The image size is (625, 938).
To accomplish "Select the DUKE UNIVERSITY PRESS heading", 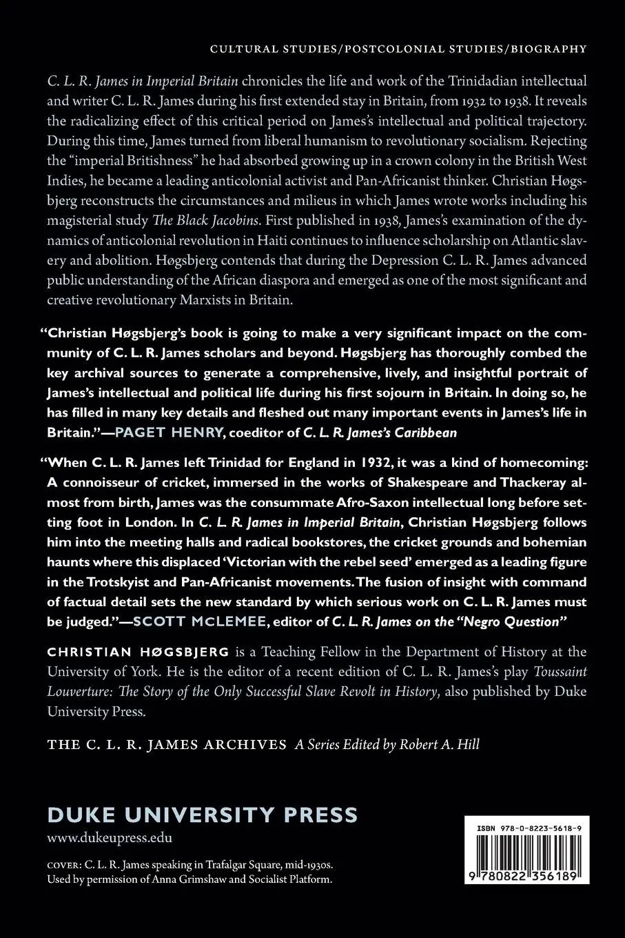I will tap(203, 815).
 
